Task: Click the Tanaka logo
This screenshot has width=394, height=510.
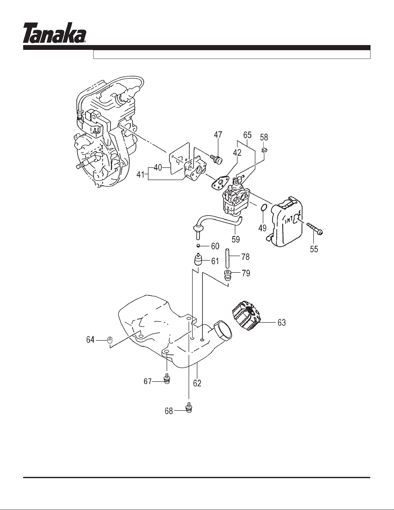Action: point(55,32)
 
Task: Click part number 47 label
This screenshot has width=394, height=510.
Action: point(218,135)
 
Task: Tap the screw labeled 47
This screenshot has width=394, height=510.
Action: point(216,159)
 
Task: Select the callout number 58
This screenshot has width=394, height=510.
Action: point(264,137)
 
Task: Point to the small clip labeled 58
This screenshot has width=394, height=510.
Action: point(264,150)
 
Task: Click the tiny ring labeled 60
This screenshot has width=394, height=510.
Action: point(198,246)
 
